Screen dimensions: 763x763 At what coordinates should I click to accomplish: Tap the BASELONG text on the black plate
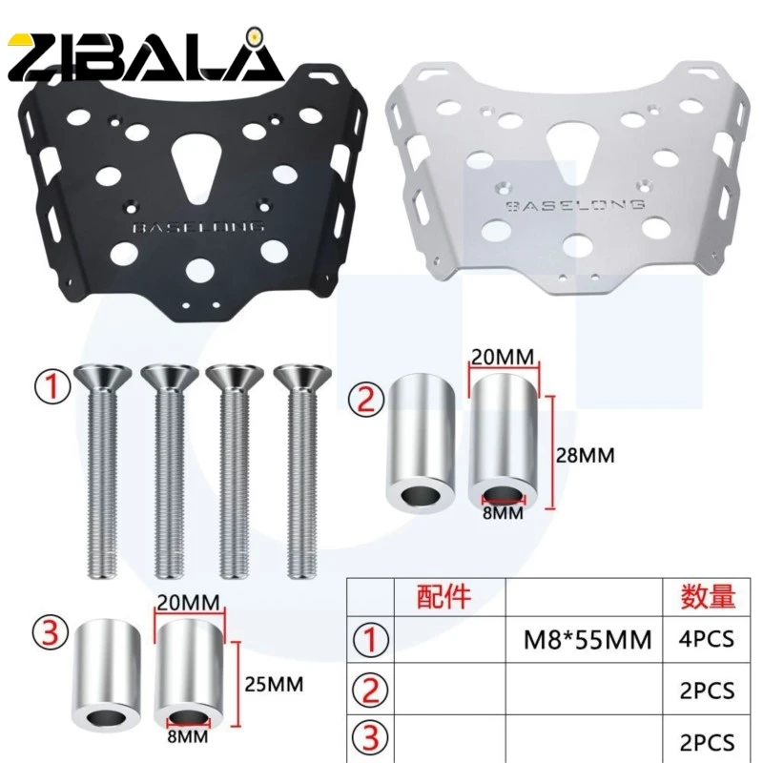click(201, 228)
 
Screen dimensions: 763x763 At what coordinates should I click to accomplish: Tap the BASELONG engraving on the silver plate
click(575, 204)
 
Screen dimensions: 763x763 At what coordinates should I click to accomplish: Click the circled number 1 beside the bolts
click(52, 388)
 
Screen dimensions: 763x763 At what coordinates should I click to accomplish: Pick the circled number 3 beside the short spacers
click(52, 631)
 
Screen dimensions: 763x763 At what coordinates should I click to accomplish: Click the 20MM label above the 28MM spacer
click(504, 356)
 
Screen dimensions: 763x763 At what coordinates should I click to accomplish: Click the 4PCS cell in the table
click(707, 638)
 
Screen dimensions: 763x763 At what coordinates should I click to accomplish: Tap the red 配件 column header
click(445, 598)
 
